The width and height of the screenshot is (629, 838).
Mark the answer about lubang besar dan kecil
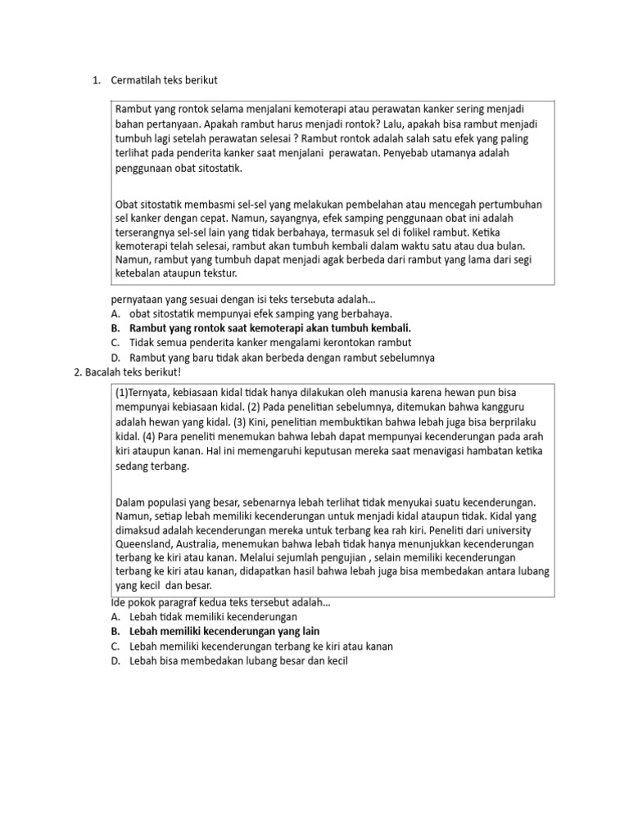[238, 660]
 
